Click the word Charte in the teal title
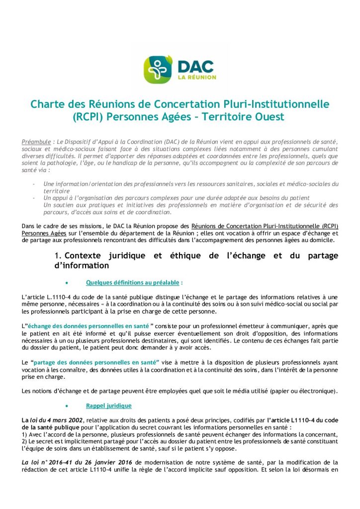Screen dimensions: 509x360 click(x=45, y=105)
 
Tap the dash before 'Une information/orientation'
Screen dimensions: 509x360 click(x=33, y=184)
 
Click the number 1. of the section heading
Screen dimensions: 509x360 click(x=58, y=255)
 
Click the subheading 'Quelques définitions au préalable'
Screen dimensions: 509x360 click(x=133, y=283)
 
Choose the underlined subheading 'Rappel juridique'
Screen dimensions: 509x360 click(x=109, y=406)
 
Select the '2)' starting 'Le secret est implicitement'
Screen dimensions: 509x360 click(x=25, y=441)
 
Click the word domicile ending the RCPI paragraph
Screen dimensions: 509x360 click(x=323, y=241)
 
